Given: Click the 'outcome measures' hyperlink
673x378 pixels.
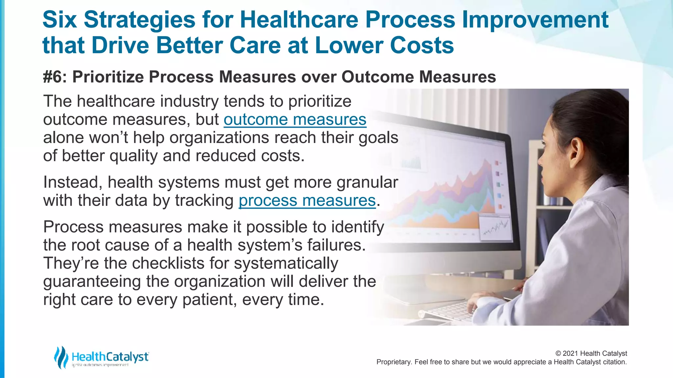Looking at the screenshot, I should (x=295, y=119).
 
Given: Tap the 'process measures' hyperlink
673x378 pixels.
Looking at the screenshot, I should (x=307, y=200).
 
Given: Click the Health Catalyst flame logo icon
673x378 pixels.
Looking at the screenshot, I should (x=61, y=357).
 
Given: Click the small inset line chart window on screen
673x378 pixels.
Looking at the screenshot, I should (x=496, y=227).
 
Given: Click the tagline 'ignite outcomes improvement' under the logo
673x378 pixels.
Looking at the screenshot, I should (x=100, y=365).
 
